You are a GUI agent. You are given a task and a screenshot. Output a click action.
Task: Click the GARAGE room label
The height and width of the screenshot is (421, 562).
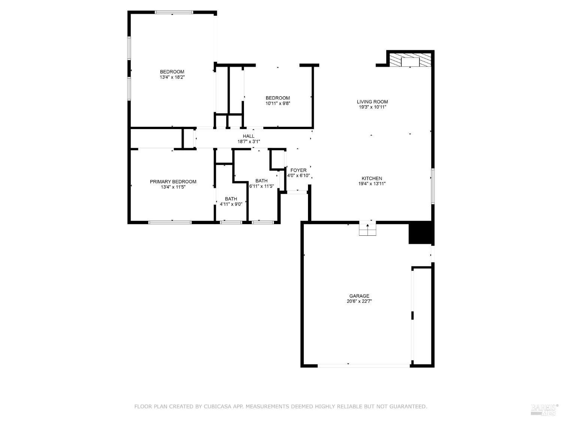tap(359, 296)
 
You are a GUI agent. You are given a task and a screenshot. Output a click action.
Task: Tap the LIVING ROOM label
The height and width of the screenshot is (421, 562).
tap(372, 102)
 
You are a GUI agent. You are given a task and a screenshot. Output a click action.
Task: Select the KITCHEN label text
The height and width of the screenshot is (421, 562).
tap(372, 179)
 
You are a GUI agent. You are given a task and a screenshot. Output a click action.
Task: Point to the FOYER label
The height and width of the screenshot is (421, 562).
tap(298, 170)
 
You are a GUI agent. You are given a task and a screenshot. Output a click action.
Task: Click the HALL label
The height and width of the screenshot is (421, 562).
tap(248, 136)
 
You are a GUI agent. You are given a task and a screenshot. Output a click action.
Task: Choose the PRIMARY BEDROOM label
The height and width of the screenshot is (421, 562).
tap(173, 181)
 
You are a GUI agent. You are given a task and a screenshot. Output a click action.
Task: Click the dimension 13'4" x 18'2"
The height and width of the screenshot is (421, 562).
tap(172, 77)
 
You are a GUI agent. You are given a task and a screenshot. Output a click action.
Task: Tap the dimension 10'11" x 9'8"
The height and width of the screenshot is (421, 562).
tap(278, 103)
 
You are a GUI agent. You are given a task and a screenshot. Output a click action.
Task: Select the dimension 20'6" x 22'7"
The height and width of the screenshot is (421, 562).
tap(359, 301)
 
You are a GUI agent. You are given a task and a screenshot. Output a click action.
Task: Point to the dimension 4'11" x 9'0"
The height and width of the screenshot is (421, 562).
tap(231, 204)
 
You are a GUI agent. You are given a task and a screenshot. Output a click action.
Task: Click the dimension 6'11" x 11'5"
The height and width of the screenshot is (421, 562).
tap(262, 186)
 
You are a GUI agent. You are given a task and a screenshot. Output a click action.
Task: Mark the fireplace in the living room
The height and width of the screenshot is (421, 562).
tap(410, 60)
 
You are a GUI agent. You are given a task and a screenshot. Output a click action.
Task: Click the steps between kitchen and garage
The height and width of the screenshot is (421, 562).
tap(367, 229)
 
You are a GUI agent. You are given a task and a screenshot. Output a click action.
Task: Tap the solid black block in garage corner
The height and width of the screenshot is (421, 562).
tap(420, 233)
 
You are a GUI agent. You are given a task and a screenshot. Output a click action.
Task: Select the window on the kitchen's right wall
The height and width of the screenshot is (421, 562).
tap(432, 186)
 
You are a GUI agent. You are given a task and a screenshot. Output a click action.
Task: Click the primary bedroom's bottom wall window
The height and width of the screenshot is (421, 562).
tap(170, 222)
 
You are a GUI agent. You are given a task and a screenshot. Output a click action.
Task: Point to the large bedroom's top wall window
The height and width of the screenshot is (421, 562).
tap(174, 12)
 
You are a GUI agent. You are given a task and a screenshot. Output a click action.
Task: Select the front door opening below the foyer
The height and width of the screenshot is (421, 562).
tap(297, 192)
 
